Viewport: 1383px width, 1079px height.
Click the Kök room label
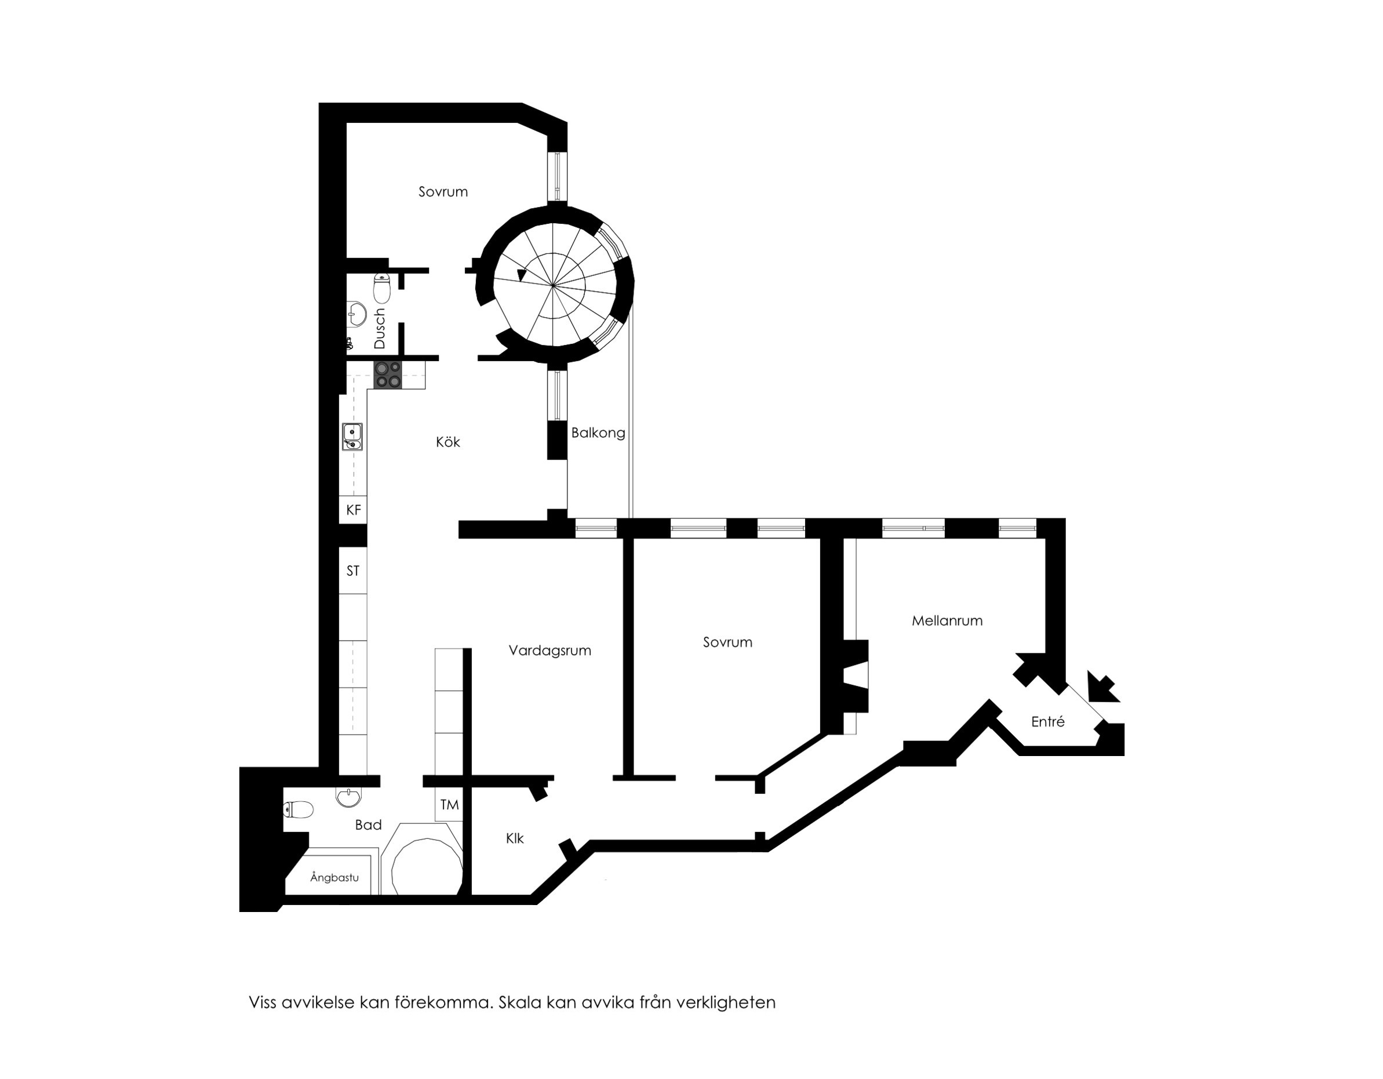pos(447,442)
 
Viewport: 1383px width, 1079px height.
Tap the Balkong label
pos(598,433)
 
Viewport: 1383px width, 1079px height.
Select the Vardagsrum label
pos(549,650)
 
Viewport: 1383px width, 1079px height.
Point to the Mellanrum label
pos(947,620)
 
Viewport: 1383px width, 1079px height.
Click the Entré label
pos(1047,721)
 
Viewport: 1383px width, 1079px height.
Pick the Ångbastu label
pos(334,877)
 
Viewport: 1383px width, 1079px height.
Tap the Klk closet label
pos(515,838)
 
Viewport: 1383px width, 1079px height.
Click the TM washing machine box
pos(449,805)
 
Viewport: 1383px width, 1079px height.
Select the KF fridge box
pos(354,510)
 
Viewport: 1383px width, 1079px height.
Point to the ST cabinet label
pos(353,571)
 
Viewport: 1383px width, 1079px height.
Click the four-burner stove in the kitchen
pos(388,375)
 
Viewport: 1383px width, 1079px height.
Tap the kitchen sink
pos(352,437)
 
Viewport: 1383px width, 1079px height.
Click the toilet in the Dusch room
pos(382,288)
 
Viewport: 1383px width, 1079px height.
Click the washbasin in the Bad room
pos(348,797)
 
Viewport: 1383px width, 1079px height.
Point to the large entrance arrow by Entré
pos(1104,687)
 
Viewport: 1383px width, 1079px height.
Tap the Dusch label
pos(379,328)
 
